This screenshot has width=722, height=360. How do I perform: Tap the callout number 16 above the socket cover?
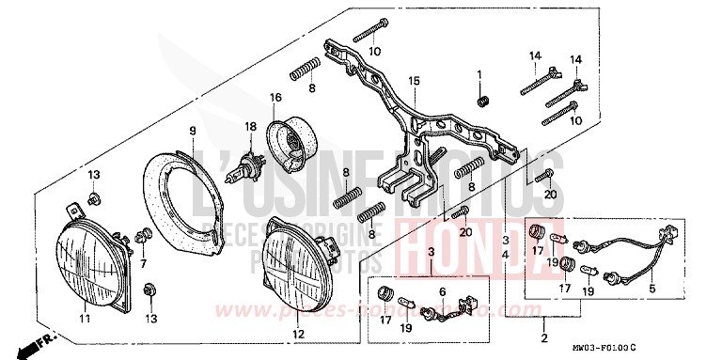pyautogui.click(x=276, y=98)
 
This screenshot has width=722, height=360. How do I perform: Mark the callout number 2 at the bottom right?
pyautogui.click(x=544, y=337)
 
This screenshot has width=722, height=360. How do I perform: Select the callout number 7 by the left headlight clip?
pyautogui.click(x=144, y=264)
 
